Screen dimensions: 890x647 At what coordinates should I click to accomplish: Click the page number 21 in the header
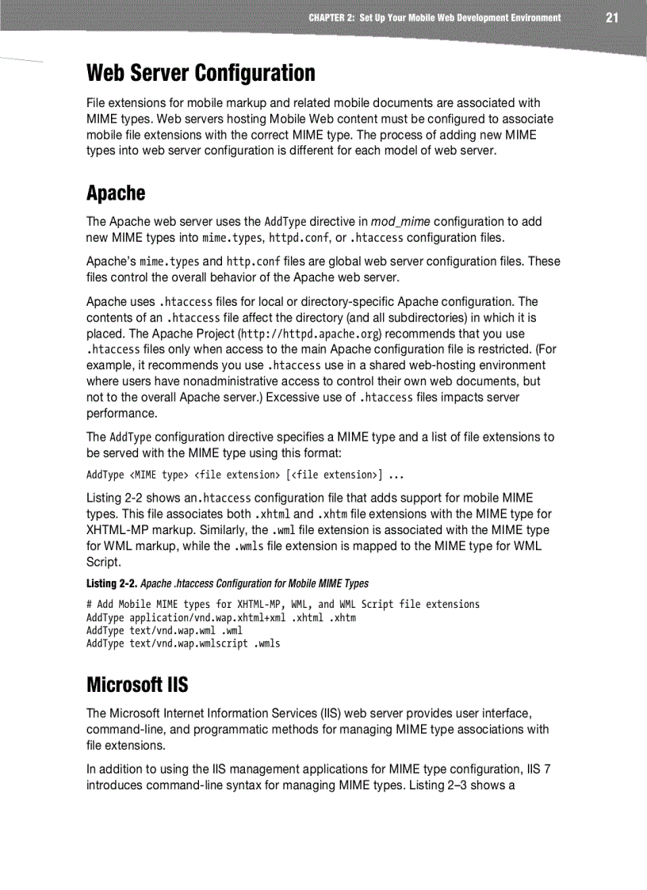coord(611,17)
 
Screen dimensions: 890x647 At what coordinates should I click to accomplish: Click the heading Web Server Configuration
coord(201,73)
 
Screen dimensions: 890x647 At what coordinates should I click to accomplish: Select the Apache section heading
coord(116,193)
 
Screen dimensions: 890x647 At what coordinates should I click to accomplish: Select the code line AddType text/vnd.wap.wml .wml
coord(164,631)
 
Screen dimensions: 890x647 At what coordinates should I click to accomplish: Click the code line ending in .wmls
coord(183,644)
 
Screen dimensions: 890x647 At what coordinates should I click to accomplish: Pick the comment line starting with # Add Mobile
coord(282,604)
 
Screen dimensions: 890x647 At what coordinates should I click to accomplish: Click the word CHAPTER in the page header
coord(327,17)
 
